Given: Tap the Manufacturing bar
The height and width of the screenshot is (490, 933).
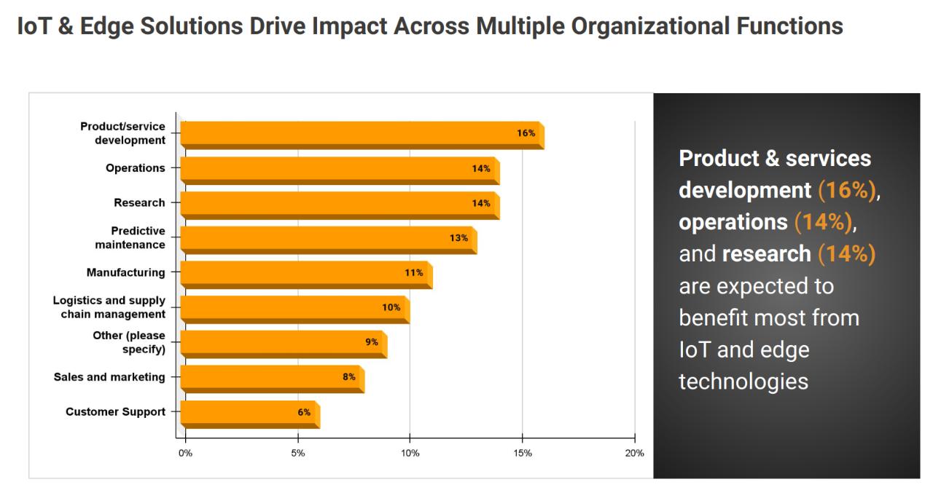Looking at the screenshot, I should [306, 274].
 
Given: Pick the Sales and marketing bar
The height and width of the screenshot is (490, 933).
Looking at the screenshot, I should [272, 378].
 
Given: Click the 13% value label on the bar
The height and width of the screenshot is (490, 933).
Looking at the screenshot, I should [458, 238].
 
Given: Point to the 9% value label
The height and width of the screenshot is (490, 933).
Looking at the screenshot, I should [372, 342].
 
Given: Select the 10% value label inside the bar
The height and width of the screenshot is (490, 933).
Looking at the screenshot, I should [391, 307].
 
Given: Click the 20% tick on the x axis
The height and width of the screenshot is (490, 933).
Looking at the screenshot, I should [635, 454].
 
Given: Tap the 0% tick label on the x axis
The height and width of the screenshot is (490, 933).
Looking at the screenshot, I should [185, 454].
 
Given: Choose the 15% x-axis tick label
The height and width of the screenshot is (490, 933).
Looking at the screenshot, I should [523, 454].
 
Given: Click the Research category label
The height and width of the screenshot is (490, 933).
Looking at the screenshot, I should [139, 203].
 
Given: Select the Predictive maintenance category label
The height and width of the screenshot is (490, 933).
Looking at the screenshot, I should [130, 238].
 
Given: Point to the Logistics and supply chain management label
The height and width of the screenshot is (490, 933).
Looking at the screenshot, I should [109, 307].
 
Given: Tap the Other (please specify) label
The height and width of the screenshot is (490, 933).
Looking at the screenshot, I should [129, 342].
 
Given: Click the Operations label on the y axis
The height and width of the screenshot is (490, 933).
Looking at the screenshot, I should [136, 168].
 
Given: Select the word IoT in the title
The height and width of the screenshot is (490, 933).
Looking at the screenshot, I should [34, 26].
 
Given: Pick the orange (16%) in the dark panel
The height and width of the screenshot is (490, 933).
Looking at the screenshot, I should [846, 190].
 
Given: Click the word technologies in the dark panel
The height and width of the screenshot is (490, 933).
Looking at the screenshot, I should [743, 381].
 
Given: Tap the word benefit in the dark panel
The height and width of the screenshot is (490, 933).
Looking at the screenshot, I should [712, 317].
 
